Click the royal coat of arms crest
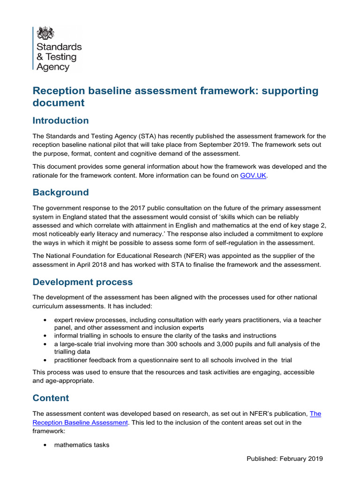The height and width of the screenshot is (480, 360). tap(45, 33)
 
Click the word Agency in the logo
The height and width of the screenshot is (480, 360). tap(52, 67)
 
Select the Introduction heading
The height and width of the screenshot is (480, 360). tap(60, 120)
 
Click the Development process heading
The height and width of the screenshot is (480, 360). tap(82, 282)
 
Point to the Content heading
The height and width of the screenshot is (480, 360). tap(51, 398)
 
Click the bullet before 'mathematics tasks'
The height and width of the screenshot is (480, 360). tap(44, 445)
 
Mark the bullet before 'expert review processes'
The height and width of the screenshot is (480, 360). tap(44, 320)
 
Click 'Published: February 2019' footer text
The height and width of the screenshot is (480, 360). tap(285, 458)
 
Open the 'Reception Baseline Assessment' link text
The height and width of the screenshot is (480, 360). tap(80, 422)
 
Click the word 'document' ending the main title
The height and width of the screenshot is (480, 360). tap(59, 102)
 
